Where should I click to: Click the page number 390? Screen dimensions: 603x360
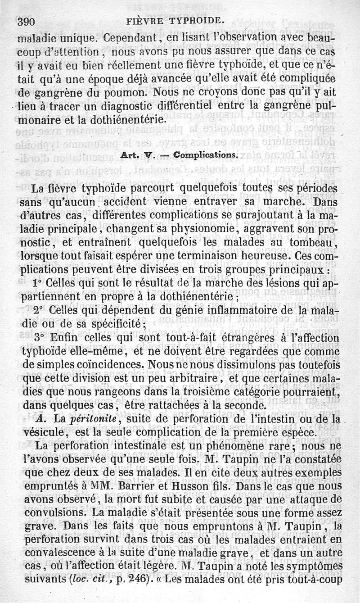tap(27, 21)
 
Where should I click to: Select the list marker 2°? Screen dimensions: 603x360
tap(39, 311)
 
